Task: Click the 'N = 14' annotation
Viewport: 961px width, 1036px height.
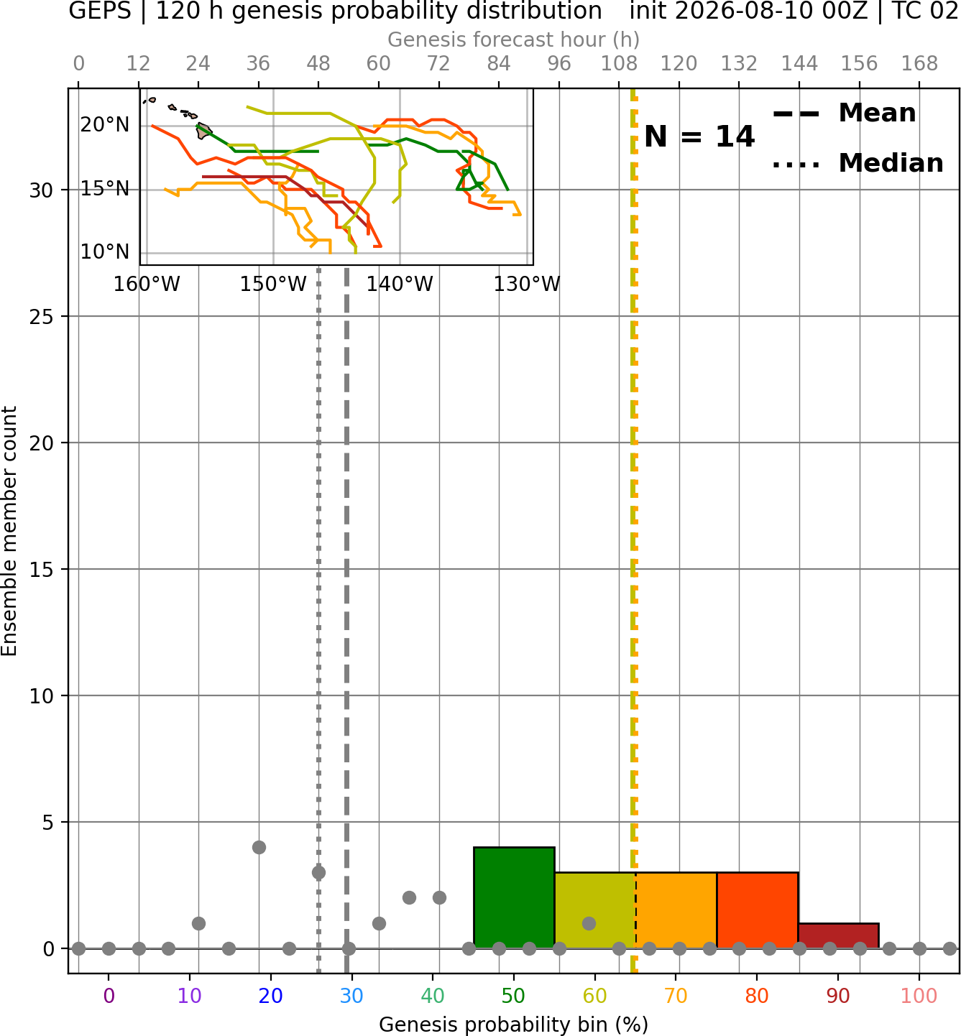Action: [x=699, y=137]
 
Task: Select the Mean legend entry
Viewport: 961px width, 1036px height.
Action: [x=844, y=114]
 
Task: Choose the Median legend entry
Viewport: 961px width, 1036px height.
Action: [x=857, y=163]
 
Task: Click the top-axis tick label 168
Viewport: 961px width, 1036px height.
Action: [x=919, y=64]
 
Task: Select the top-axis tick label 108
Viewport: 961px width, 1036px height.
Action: [x=619, y=64]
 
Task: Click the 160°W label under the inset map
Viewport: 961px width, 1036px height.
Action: [x=147, y=285]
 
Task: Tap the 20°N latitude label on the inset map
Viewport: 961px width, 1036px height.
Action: [x=104, y=125]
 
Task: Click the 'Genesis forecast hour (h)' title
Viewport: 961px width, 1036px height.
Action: [x=514, y=40]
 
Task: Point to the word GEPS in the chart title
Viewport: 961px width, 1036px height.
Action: [x=100, y=11]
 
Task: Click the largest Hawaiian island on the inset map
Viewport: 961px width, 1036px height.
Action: [x=203, y=131]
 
